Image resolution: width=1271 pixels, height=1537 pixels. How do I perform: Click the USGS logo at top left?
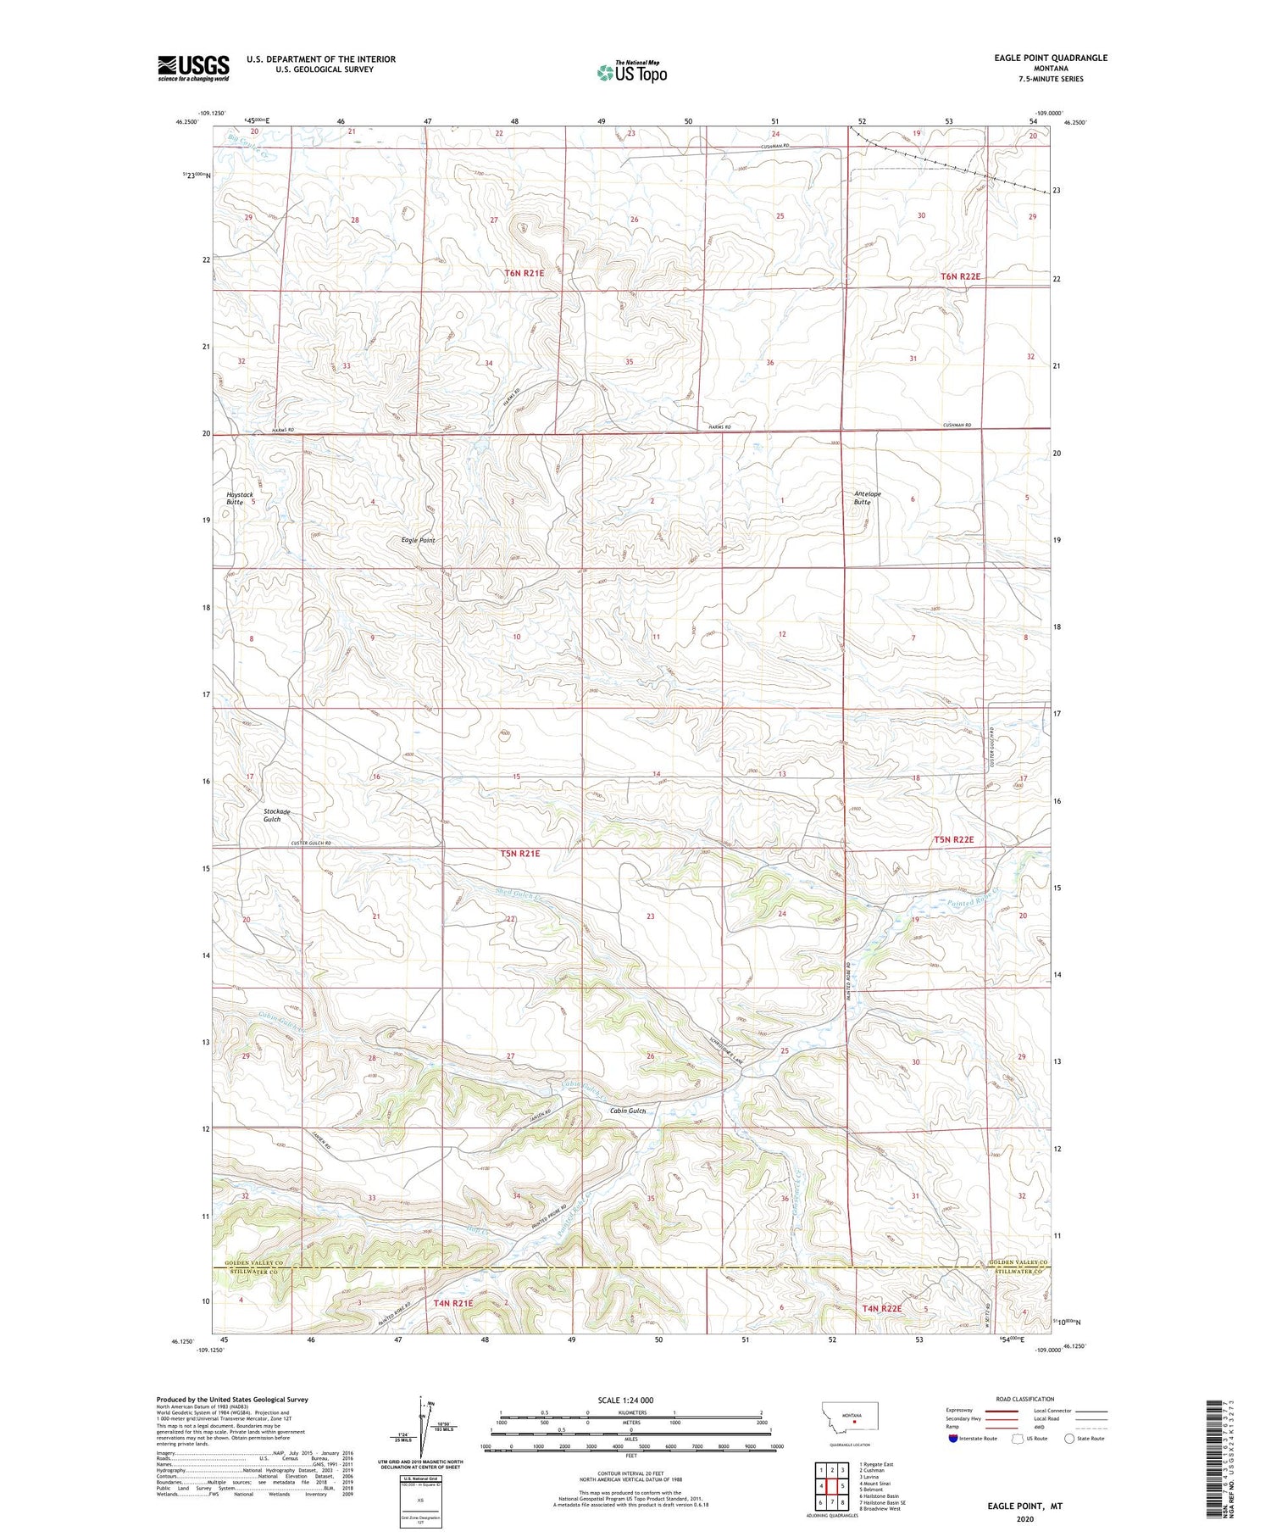coord(193,68)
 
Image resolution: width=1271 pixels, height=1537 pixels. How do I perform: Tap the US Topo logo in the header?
coord(632,73)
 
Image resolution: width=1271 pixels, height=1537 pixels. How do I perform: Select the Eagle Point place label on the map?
coord(418,540)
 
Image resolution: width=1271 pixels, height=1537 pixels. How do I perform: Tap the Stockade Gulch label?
coord(276,816)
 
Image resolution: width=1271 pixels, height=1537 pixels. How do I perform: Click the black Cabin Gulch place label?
coord(628,1111)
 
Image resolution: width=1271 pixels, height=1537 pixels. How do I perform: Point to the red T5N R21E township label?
coord(519,854)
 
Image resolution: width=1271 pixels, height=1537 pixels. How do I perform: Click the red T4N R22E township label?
coord(882,1309)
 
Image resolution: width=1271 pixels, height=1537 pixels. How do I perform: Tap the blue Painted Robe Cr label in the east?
coord(974,891)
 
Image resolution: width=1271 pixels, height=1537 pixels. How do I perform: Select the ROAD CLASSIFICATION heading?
coord(1025,1399)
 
